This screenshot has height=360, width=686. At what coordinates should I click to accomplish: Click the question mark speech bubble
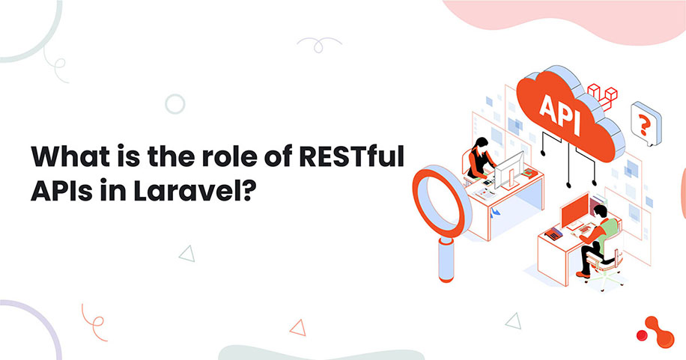pyautogui.click(x=642, y=120)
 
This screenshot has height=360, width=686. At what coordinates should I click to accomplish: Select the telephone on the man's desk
pyautogui.click(x=553, y=234)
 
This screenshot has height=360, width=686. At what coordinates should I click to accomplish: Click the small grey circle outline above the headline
pyautogui.click(x=175, y=104)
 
